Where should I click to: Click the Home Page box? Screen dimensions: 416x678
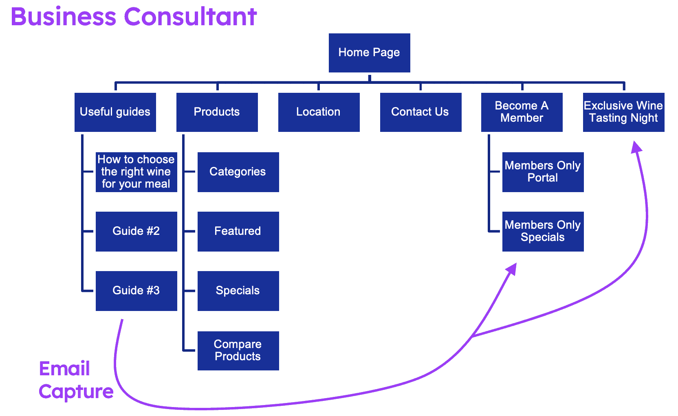(x=369, y=53)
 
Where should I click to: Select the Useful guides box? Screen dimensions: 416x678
(x=115, y=112)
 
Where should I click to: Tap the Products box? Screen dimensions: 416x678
(x=217, y=112)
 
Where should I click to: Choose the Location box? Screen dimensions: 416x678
(x=319, y=112)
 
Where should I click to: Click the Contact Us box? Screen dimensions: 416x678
(x=420, y=112)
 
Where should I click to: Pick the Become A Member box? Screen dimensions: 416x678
(x=522, y=112)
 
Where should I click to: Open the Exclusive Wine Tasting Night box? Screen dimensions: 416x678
(x=623, y=112)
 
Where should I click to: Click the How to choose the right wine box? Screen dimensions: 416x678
(x=136, y=172)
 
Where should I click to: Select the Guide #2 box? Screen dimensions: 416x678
(x=136, y=231)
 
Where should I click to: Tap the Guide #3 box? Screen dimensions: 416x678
(x=136, y=291)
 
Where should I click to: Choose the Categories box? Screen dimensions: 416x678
(x=238, y=172)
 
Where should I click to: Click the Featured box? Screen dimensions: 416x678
(x=238, y=231)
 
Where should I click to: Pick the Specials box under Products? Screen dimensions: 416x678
(x=238, y=291)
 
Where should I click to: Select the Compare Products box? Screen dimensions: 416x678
(x=238, y=350)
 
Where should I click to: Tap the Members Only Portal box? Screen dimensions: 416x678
(x=543, y=172)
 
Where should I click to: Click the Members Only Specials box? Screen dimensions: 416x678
(x=543, y=231)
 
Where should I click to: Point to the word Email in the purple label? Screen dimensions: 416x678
(x=64, y=369)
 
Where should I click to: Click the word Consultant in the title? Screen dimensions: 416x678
(x=190, y=17)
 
